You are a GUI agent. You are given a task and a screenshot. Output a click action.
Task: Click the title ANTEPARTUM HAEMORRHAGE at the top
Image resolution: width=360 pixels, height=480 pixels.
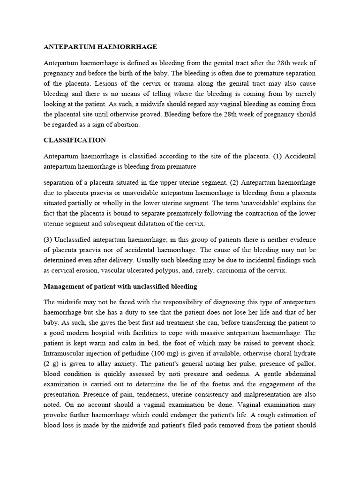tap(100, 47)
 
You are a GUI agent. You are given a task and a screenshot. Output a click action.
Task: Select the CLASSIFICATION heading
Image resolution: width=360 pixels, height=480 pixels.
tap(75, 140)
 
